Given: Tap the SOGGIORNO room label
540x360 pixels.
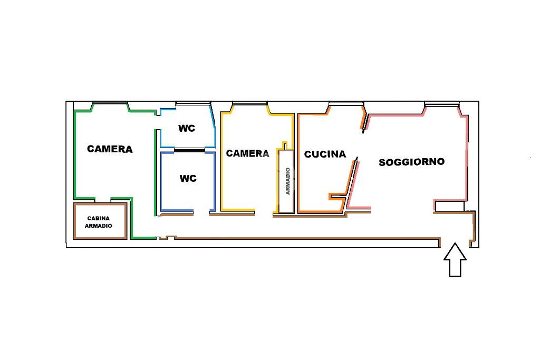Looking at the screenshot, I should (x=411, y=162).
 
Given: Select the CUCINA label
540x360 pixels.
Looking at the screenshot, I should (x=325, y=154).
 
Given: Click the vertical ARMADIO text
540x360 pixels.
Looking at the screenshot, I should (x=288, y=181).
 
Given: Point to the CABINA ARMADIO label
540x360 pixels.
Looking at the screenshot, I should (x=99, y=222).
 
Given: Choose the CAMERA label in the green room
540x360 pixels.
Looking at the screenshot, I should (x=110, y=149).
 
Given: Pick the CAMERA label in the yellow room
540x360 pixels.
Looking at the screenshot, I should (x=247, y=153).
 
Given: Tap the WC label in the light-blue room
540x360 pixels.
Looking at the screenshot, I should (x=187, y=129).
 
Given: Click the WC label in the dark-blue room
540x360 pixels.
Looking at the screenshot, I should (x=188, y=179).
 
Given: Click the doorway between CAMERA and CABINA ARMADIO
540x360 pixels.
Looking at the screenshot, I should (x=103, y=200).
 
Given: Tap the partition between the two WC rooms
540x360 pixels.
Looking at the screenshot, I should (x=188, y=150).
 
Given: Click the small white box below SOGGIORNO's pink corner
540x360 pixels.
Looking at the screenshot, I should (x=449, y=207).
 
